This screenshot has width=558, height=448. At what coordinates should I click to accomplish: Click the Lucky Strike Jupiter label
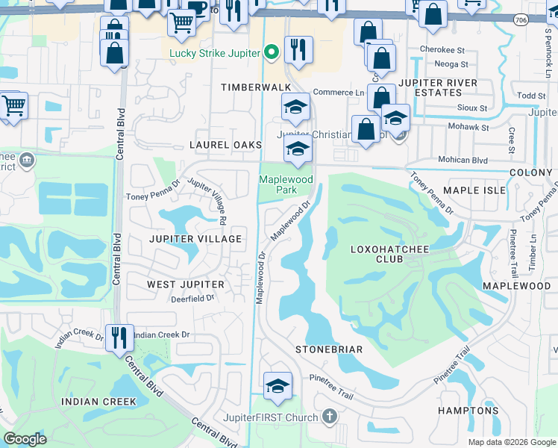214,53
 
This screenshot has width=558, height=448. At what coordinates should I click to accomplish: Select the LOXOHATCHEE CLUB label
388,254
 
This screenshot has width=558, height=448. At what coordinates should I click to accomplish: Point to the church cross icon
329,416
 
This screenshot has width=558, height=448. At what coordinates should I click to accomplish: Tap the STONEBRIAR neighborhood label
329,349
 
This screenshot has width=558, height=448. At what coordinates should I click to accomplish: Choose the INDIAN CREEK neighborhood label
98,402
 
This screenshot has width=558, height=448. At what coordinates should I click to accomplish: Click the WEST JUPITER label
185,284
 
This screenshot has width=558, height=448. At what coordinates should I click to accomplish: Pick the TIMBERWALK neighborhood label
254,87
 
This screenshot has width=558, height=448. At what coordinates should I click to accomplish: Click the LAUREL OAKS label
225,144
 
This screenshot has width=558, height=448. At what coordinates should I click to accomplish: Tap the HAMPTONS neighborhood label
468,411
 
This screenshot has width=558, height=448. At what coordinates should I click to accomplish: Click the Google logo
25,439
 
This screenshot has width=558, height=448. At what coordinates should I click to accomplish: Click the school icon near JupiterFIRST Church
278,386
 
